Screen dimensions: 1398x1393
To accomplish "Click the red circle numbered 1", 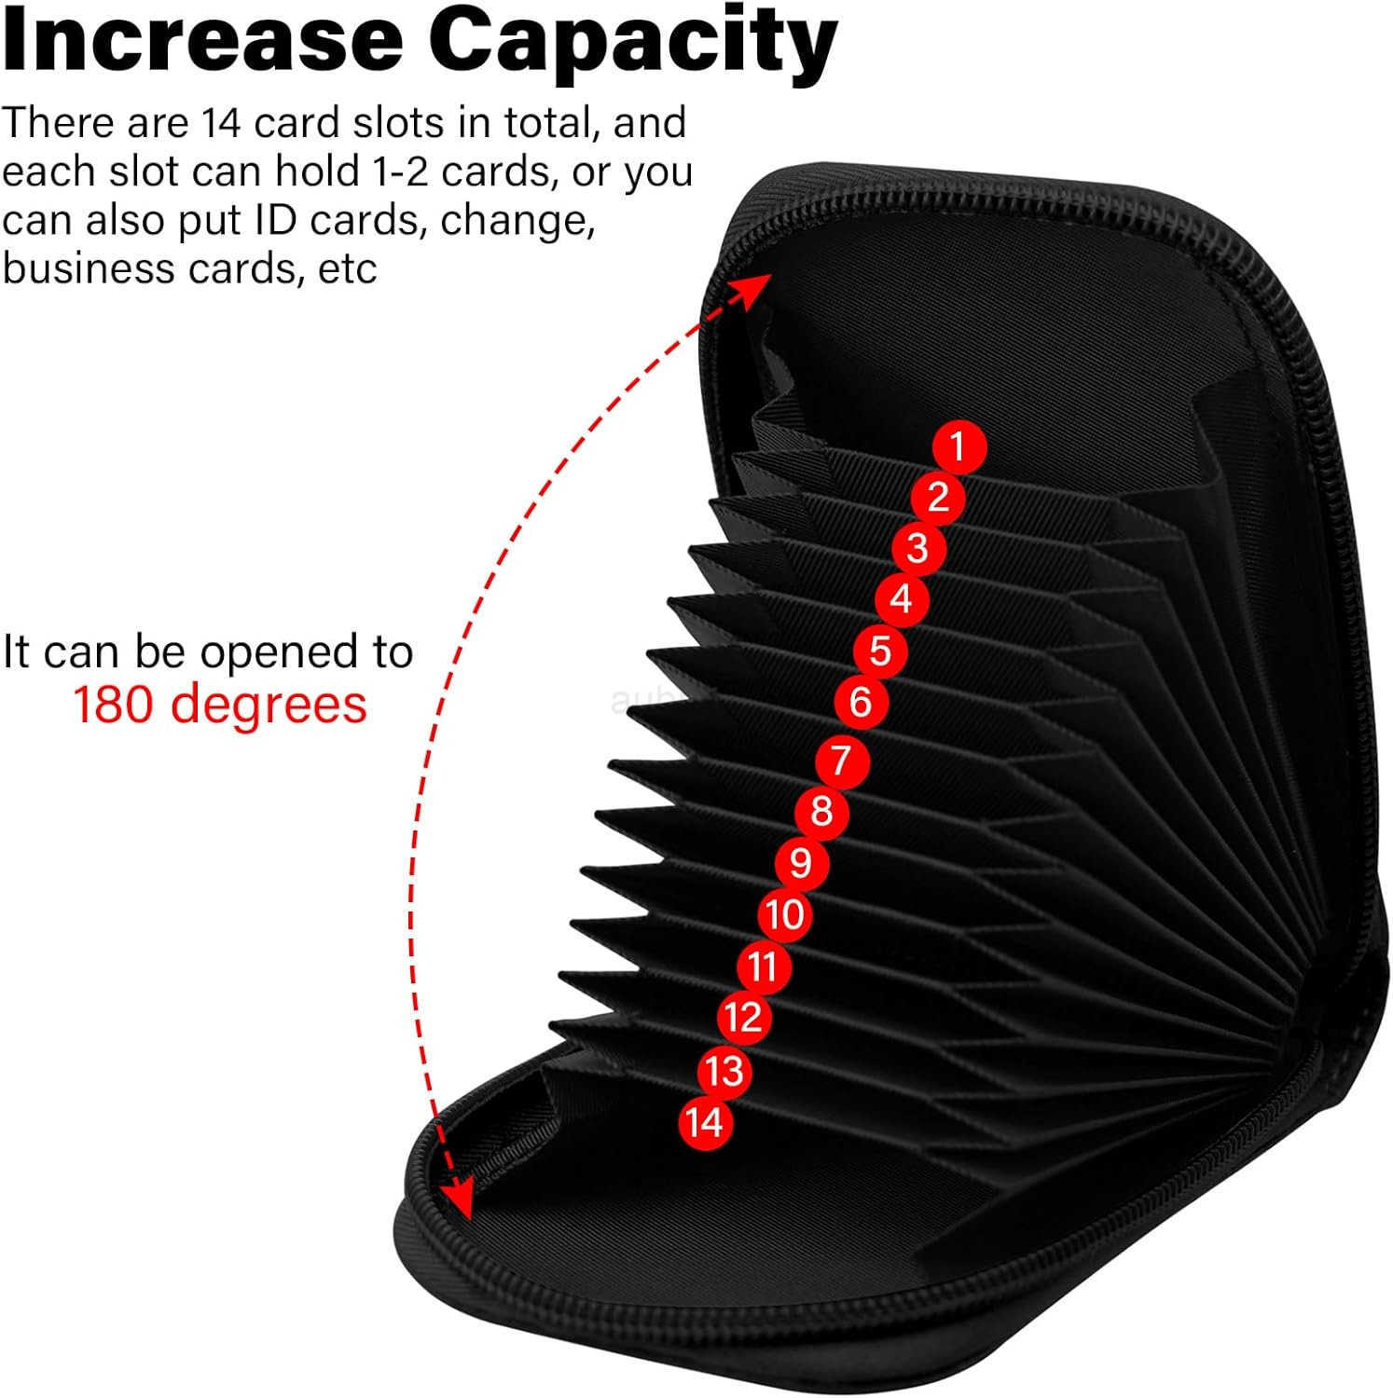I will (x=959, y=446).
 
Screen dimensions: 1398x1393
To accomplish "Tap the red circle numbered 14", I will (x=705, y=1122).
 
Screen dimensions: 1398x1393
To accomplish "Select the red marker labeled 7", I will (x=841, y=760).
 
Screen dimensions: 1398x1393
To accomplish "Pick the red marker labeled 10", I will (x=785, y=914).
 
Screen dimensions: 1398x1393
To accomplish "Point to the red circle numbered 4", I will (x=901, y=598).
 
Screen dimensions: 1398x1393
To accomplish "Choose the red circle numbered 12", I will (x=743, y=1017).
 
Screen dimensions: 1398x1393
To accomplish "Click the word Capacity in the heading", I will (x=633, y=42).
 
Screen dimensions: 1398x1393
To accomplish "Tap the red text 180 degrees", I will (x=220, y=704).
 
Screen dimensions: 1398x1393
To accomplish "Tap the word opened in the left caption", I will (x=290, y=651).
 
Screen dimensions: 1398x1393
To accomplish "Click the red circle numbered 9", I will (x=801, y=863).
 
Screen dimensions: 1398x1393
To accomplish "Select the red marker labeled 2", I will (x=938, y=497).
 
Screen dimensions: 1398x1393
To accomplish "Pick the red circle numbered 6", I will (x=860, y=701).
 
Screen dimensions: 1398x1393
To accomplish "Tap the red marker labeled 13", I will (x=724, y=1070).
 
